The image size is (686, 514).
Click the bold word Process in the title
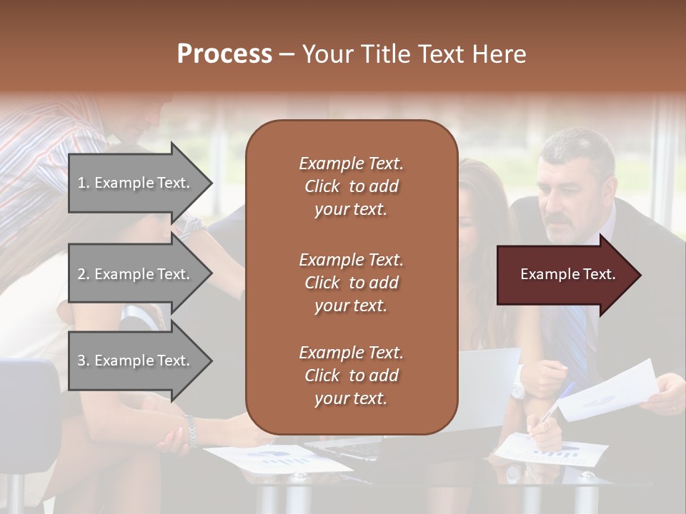coord(224,54)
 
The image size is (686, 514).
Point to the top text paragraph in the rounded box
coord(351,186)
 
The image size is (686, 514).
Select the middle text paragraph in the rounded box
coord(351,283)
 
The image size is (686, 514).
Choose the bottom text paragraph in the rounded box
coord(351,376)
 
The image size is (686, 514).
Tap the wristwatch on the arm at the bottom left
coord(191,430)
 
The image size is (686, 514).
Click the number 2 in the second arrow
coord(81,274)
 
